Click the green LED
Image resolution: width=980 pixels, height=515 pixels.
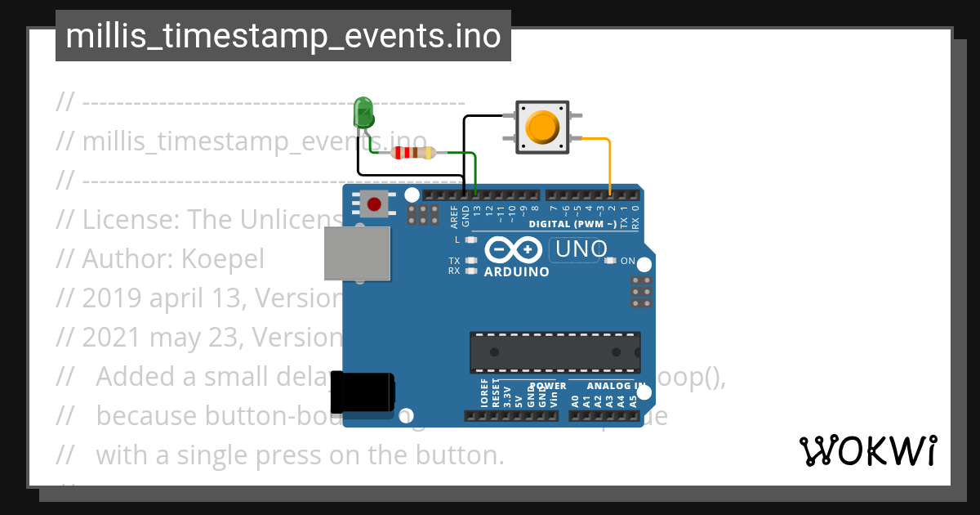pos(363,111)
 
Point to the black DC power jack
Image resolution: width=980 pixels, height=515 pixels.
pos(363,394)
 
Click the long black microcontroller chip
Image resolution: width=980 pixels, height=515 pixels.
pos(555,352)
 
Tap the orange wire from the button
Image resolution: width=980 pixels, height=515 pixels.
pos(608,163)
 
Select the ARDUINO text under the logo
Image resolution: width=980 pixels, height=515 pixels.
pos(516,272)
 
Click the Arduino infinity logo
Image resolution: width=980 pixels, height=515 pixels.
pos(513,249)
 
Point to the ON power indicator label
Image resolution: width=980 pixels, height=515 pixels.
pos(628,262)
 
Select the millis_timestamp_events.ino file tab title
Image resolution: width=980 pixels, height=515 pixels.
pos(283,36)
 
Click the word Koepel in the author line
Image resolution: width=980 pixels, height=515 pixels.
pos(223,258)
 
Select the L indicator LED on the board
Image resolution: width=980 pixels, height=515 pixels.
pos(470,240)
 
